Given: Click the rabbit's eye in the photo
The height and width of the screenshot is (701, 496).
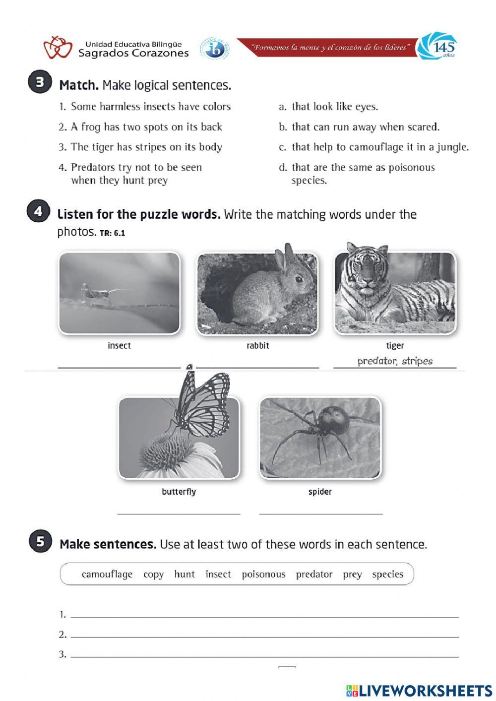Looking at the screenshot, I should coord(299,279).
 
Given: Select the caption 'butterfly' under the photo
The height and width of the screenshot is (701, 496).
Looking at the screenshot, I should coord(179,492).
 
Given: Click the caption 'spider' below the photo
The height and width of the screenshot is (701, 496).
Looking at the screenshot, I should coord(320,492).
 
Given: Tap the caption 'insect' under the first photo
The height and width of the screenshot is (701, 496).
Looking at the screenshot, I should coord(119,345).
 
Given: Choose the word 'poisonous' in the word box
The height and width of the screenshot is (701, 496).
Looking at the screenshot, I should coord(263,574).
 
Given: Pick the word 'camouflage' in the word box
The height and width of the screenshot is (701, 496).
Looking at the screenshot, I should coord(107,574).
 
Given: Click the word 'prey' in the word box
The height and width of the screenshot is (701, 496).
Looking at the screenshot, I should coord(352,574).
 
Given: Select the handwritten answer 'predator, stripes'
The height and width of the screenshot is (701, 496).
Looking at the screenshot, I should coord(395,361).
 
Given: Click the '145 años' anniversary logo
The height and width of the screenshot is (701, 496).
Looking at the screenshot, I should coord(437,47).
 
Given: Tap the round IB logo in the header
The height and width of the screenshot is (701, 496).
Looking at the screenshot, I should coord(214,49).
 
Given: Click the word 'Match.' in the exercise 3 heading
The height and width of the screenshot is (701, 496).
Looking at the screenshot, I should coord(79,85).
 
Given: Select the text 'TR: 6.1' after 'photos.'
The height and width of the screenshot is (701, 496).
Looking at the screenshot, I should coord(113,233).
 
